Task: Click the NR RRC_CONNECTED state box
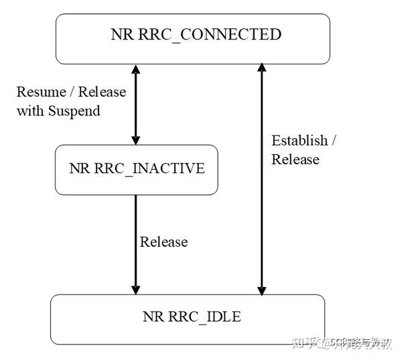tap(192, 39)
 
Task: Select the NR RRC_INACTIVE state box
tap(136, 170)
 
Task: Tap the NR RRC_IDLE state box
tap(188, 319)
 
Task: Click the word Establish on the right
tap(299, 141)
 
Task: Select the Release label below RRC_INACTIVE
tap(163, 241)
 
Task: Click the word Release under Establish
tap(295, 160)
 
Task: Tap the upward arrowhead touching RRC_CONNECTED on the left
tap(136, 69)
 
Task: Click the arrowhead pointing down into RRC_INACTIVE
tap(136, 139)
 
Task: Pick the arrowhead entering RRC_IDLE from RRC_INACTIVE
tap(136, 289)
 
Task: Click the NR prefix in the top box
tap(121, 34)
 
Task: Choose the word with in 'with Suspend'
tap(29, 111)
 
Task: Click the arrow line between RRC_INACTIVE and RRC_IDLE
tap(136, 241)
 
